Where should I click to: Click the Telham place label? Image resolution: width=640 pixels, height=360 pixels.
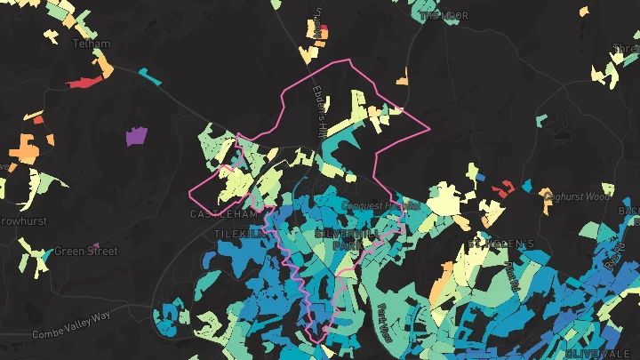(x=92, y=44)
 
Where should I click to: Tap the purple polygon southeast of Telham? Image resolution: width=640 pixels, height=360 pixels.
(x=136, y=136)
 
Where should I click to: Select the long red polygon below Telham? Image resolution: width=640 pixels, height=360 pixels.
(x=84, y=83)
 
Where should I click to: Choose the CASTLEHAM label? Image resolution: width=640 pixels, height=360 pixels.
(x=223, y=214)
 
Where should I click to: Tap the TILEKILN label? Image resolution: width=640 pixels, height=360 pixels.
(x=239, y=233)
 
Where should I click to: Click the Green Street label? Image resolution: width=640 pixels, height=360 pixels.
(x=85, y=252)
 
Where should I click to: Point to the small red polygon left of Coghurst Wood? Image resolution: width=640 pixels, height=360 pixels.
(x=503, y=188)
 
